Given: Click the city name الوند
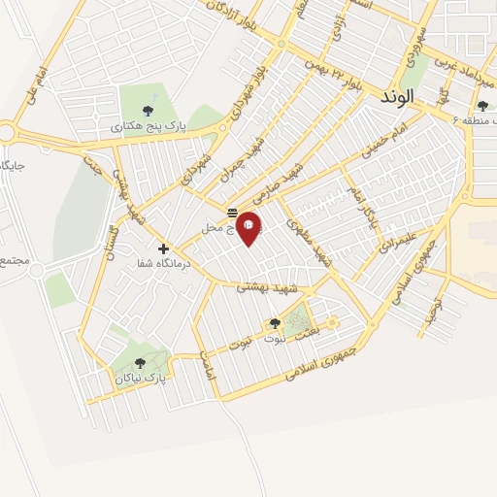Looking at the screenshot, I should coord(398,97).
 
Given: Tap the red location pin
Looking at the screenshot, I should coord(248,226).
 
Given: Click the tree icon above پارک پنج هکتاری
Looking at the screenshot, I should coord(147,110).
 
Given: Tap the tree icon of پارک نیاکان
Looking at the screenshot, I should coord(139,363).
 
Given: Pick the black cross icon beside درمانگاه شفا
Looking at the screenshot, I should coord(163,248).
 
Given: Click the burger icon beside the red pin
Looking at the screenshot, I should coord(233,213).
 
